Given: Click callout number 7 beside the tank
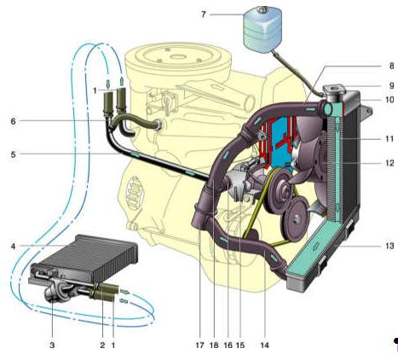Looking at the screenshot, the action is [203, 15].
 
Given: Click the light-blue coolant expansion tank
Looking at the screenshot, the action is [262, 29].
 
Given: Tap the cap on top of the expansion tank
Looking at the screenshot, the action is [260, 9].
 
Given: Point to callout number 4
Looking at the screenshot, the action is [13, 247].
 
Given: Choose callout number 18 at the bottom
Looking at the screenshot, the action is [214, 345].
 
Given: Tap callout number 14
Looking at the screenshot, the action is [264, 345].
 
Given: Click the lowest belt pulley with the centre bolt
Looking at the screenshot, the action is [295, 219].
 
